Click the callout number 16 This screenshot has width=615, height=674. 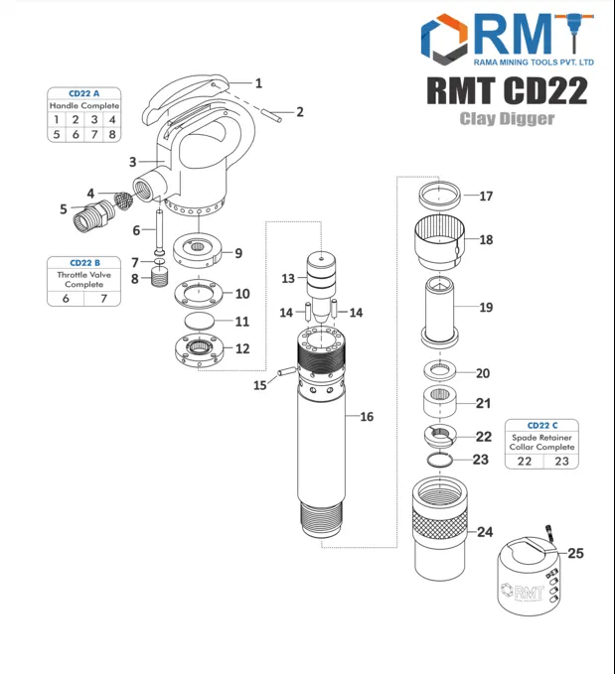(367, 417)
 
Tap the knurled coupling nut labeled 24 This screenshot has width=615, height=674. (438, 526)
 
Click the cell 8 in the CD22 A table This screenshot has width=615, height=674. (112, 134)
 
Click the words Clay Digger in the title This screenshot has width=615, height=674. (507, 119)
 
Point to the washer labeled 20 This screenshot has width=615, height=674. (438, 371)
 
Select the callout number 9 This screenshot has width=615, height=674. (237, 253)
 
